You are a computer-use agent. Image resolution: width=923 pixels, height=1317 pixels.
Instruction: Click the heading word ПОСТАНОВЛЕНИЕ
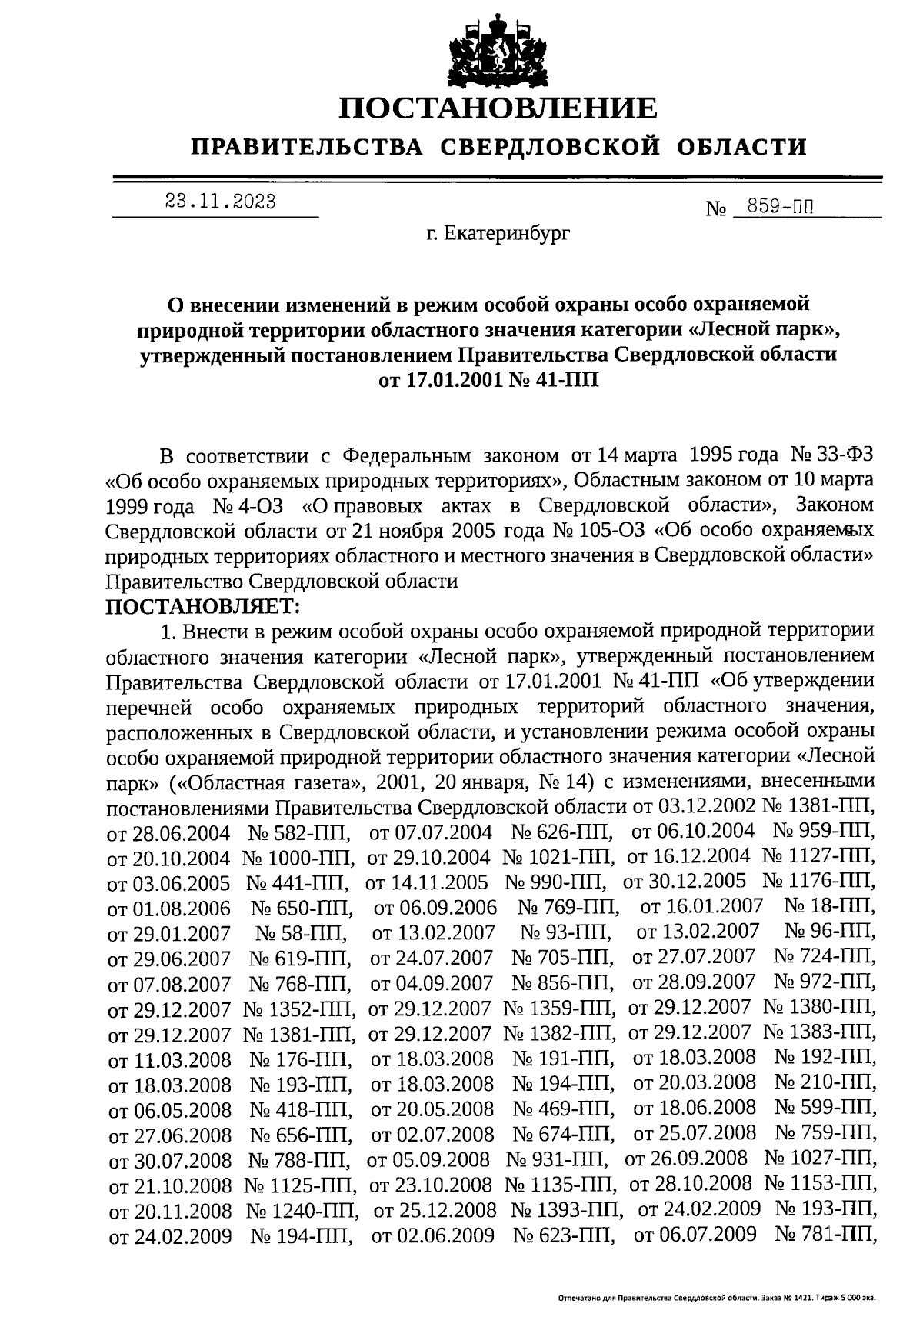click(x=499, y=108)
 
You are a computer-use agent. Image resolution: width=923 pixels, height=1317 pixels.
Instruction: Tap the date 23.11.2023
click(x=220, y=202)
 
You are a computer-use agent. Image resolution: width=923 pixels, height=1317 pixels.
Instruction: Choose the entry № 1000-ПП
click(x=298, y=857)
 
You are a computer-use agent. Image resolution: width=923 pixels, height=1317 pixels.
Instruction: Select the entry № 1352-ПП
click(x=298, y=1009)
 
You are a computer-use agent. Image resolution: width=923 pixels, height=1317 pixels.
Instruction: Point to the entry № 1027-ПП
click(x=820, y=1159)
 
